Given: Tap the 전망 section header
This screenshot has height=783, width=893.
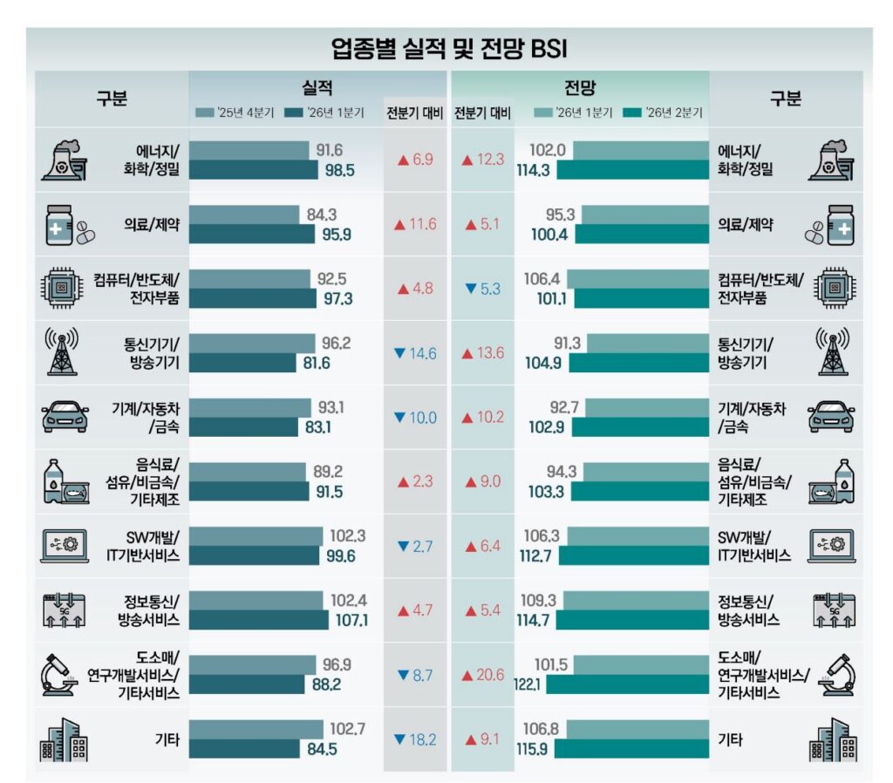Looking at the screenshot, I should coord(580,88).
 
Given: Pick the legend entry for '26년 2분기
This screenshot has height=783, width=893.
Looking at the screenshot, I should coord(666,112).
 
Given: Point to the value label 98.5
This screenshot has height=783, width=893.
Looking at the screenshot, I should coord(339,171).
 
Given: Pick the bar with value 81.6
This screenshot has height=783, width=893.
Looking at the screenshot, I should coord(243,364).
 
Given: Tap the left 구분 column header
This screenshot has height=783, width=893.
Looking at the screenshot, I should coord(112,99).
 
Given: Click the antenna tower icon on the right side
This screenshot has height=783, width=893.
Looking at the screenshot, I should coord(832,353).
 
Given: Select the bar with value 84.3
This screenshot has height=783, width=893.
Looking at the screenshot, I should coord(244,214).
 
